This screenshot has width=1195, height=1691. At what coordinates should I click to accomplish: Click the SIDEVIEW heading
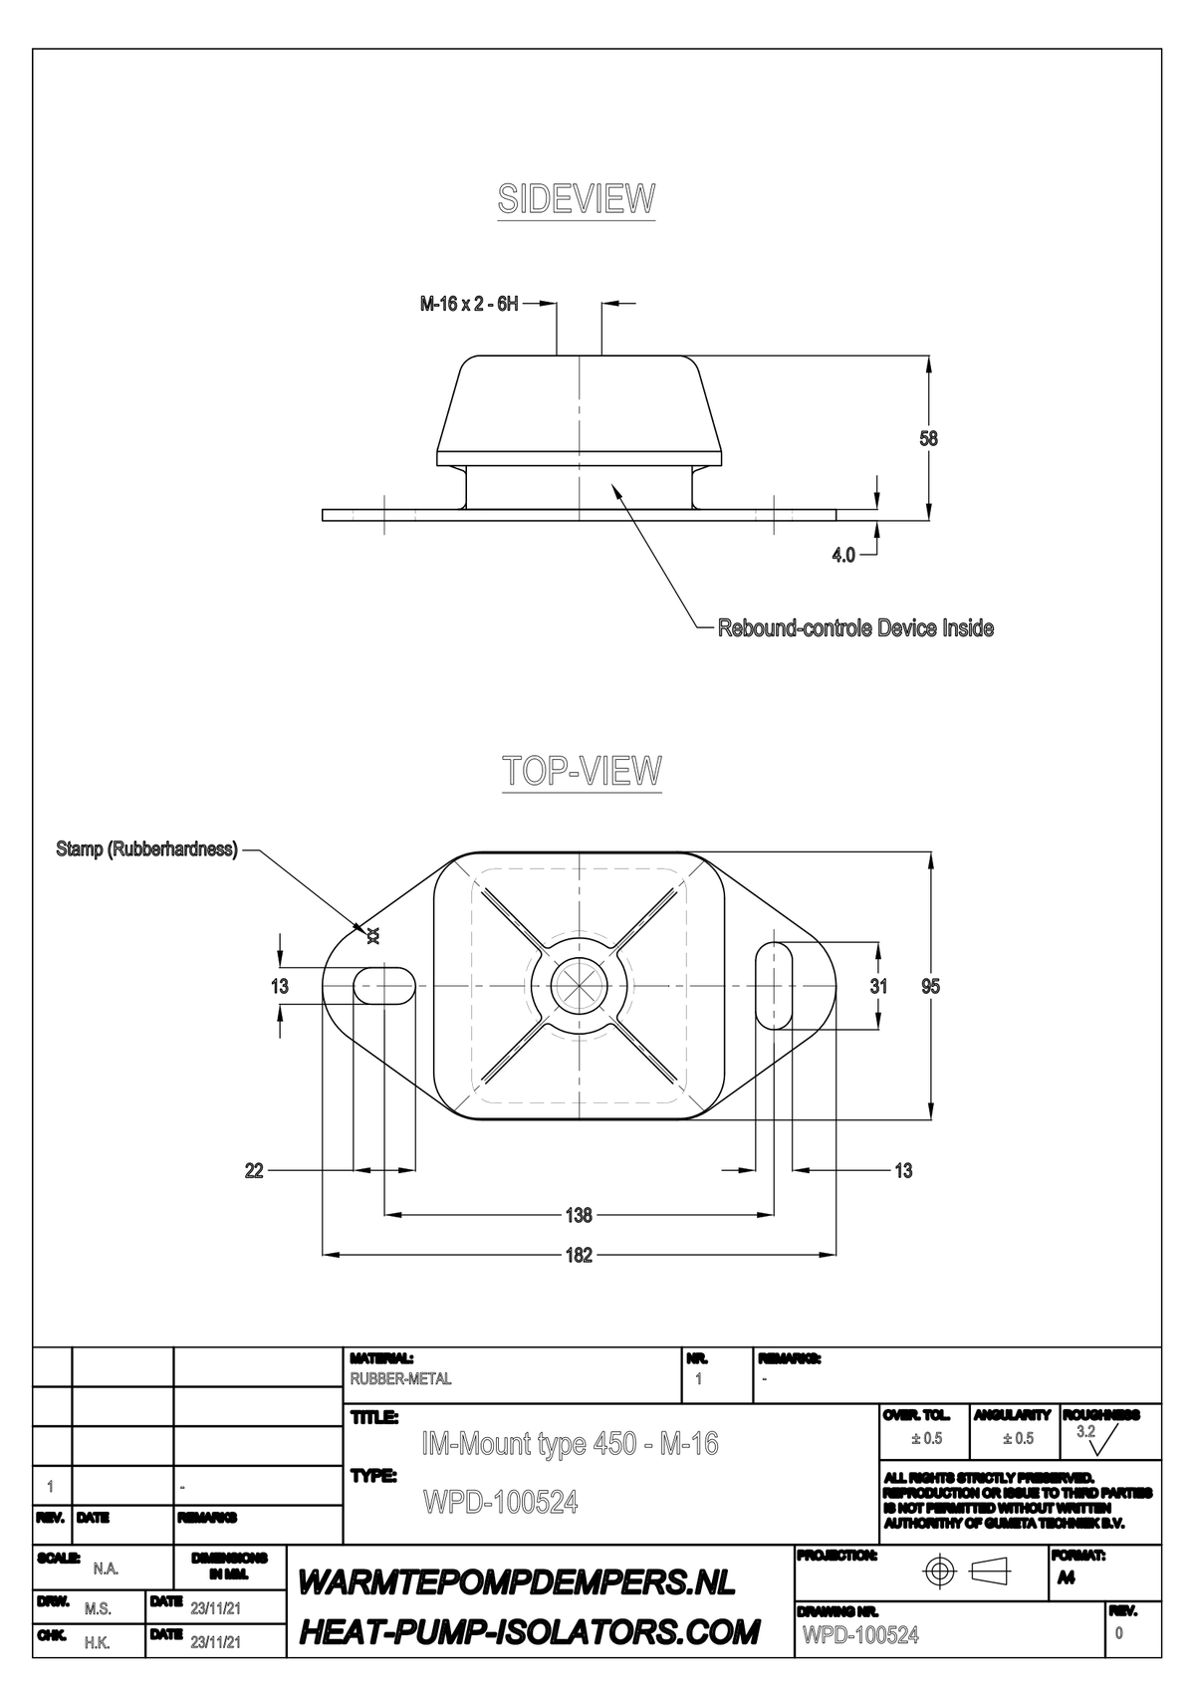pos(577,199)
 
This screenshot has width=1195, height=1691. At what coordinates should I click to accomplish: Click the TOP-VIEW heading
pos(582,771)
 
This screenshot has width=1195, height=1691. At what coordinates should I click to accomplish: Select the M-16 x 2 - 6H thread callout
pos(469,304)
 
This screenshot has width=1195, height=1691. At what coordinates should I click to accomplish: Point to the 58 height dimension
pos(928,438)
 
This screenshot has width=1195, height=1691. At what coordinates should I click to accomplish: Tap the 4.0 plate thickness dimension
pos(843,555)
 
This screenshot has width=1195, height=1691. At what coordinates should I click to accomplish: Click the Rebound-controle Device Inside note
pos(855,628)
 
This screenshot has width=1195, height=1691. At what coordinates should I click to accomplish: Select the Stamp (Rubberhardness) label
pos(146,849)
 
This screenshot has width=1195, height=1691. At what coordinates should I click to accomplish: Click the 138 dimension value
pos(579,1215)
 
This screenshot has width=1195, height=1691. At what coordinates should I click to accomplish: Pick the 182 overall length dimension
pos(579,1255)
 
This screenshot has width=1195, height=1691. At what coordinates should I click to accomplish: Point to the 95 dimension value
pos(930,986)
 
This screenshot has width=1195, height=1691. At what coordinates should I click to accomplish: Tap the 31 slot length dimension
pos(877,986)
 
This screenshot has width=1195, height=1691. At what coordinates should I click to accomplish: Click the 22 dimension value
pos(254,1171)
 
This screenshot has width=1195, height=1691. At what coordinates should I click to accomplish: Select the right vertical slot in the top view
pos(774,985)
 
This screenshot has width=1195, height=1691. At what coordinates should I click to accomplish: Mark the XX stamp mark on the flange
pos(373,934)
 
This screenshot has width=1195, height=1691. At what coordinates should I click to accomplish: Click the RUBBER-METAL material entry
pos(400,1379)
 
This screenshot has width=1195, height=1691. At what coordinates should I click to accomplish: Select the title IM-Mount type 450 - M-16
pos(570,1444)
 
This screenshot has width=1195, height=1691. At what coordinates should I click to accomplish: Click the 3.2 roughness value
pos(1085,1432)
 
